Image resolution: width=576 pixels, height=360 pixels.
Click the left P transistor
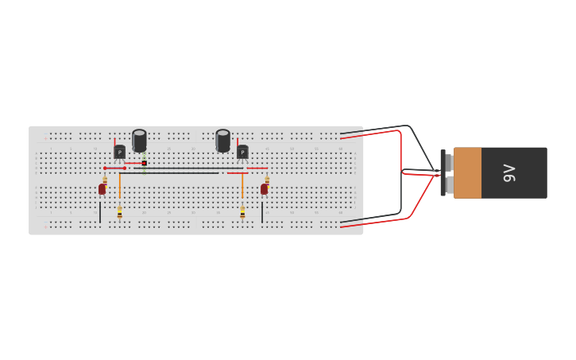click(119, 152)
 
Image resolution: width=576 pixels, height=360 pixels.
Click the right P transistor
click(242, 152)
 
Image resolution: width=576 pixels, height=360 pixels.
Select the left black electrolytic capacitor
click(139, 141)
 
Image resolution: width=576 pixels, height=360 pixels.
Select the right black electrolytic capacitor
click(222, 141)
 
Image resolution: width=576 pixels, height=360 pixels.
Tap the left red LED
click(102, 189)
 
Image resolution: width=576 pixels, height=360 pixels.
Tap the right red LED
click(265, 189)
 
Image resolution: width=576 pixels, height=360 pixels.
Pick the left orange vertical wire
click(119, 185)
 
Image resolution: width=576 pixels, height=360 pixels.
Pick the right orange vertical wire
click(242, 185)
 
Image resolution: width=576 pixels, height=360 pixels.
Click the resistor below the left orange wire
click(119, 212)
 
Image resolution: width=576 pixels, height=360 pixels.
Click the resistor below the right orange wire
click(242, 212)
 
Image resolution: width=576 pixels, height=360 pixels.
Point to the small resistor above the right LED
click(267, 180)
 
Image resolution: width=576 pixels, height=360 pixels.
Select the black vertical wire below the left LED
click(100, 211)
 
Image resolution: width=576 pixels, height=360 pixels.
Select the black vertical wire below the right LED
click(262, 211)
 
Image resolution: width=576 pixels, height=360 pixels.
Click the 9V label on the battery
click(509, 172)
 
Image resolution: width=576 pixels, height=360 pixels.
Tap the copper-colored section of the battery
click(467, 172)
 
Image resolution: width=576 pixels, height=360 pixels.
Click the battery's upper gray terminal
click(449, 163)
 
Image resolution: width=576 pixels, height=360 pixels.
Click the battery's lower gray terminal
click(449, 184)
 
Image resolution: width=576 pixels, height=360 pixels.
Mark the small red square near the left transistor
click(144, 163)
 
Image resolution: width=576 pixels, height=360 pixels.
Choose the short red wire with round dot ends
click(114, 168)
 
